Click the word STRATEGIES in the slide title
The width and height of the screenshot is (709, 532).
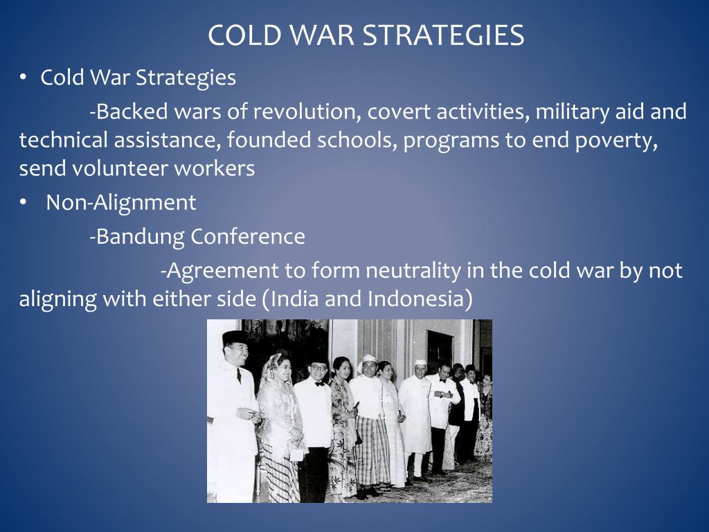click(443, 35)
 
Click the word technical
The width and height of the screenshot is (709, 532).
click(63, 140)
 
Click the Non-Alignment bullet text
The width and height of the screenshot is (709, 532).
click(120, 203)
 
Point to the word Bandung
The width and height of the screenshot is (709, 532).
click(138, 237)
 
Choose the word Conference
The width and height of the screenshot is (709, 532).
click(248, 237)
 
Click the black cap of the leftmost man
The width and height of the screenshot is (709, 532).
click(234, 337)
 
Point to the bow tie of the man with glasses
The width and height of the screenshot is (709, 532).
click(319, 383)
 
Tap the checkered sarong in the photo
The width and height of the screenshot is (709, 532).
click(373, 450)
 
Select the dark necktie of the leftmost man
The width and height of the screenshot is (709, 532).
click(239, 375)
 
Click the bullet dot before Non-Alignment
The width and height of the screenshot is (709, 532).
click(23, 203)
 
